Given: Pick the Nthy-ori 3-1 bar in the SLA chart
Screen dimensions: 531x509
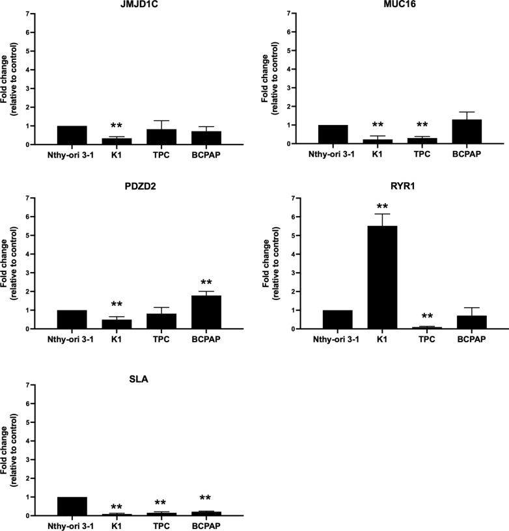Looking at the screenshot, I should point(72,506).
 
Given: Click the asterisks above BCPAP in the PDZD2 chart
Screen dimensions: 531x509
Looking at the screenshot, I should point(208,283).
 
